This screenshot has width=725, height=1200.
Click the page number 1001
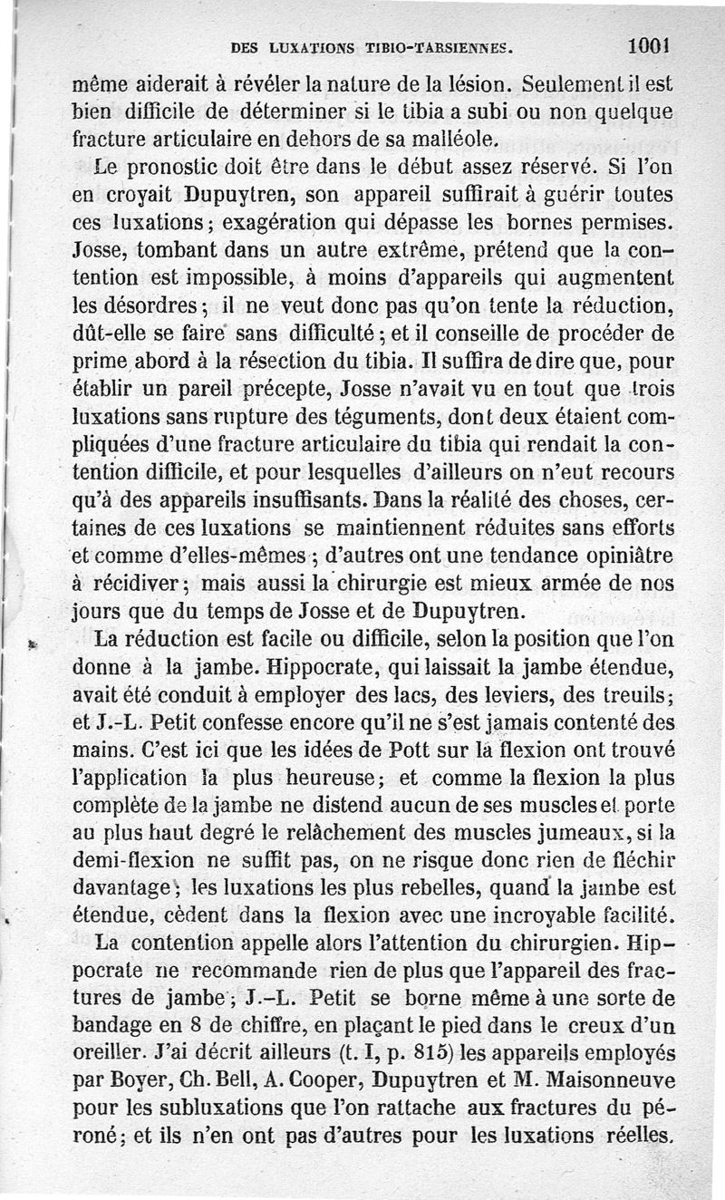point(646,43)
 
